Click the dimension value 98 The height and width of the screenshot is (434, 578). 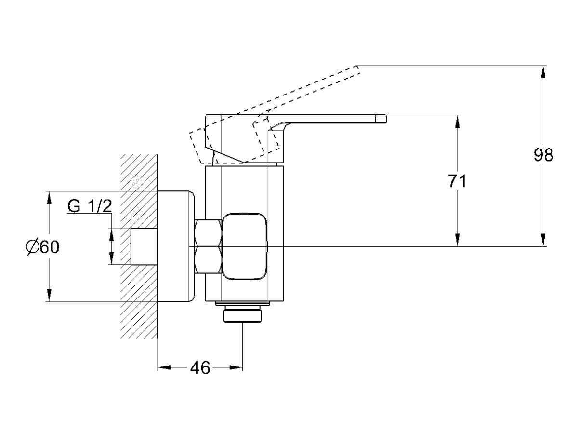coord(544,155)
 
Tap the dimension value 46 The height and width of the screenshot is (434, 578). coord(200,368)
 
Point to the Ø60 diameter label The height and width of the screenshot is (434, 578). coord(43,247)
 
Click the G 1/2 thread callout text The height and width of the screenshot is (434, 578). coord(90,206)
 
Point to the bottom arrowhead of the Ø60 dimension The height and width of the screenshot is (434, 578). coord(49,296)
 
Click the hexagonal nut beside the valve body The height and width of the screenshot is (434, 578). coord(209,246)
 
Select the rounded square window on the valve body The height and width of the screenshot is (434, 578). coord(244,246)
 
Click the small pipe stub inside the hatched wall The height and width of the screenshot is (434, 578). coord(144,246)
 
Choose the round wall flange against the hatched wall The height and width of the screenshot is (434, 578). coord(176,246)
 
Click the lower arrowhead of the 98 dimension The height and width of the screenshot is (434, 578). coord(544,241)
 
